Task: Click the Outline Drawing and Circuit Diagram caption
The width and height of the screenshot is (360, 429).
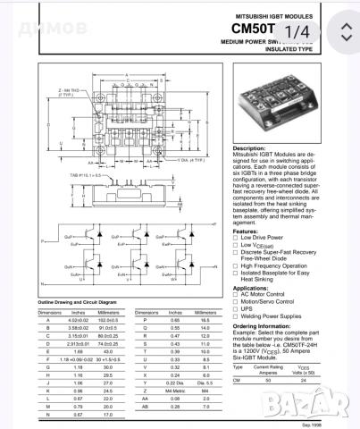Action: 78,303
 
